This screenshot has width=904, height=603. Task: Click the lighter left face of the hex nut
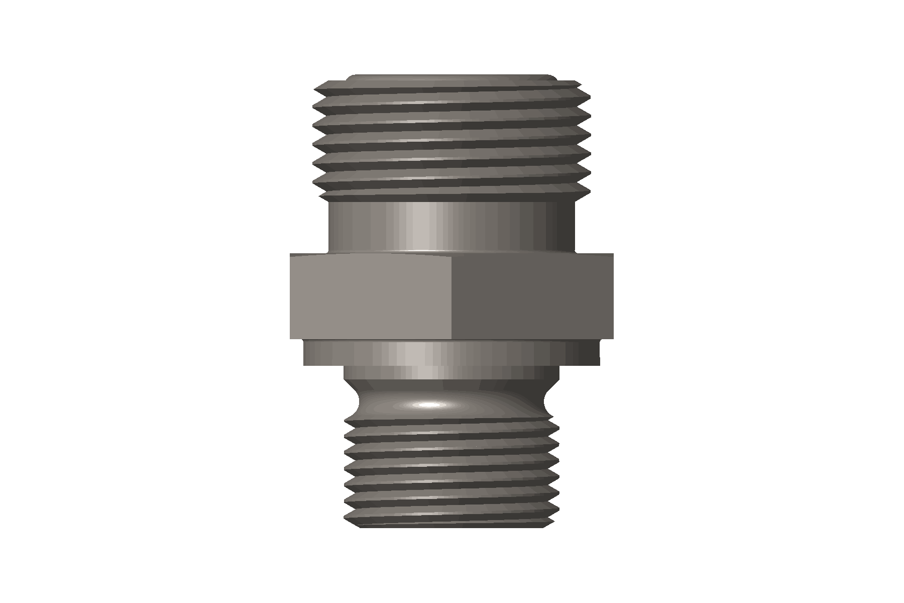click(372, 296)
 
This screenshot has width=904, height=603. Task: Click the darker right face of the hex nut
click(532, 296)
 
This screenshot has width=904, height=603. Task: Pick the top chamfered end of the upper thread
click(452, 78)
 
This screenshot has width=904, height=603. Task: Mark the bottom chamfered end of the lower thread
click(452, 525)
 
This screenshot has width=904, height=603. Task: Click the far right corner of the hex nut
click(612, 296)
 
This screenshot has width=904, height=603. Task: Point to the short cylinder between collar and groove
click(452, 373)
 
